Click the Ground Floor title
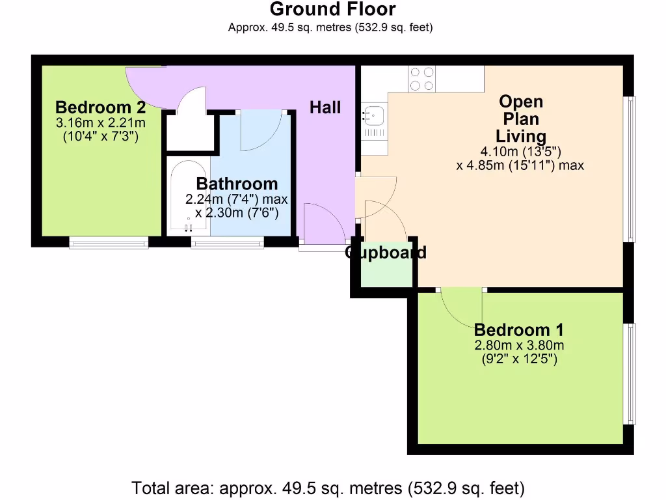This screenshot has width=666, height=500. click(332, 9)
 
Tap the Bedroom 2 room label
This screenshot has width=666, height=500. click(100, 107)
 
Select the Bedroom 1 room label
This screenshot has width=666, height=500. click(518, 329)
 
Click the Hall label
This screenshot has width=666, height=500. click(325, 107)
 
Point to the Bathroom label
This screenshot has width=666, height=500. click(237, 184)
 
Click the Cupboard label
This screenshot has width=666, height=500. click(386, 253)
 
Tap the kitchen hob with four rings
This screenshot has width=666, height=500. click(422, 79)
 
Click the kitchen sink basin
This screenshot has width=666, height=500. click(375, 116)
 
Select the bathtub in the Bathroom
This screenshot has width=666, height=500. click(187, 195)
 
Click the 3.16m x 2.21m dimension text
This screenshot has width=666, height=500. click(100, 122)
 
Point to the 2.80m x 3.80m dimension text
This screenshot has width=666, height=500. click(518, 345)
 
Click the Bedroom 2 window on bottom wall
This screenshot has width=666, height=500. click(109, 242)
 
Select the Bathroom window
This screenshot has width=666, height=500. click(227, 242)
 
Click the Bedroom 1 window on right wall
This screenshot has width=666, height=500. click(629, 373)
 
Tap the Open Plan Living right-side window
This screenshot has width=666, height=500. click(629, 169)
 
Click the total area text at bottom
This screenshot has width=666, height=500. click(328, 488)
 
